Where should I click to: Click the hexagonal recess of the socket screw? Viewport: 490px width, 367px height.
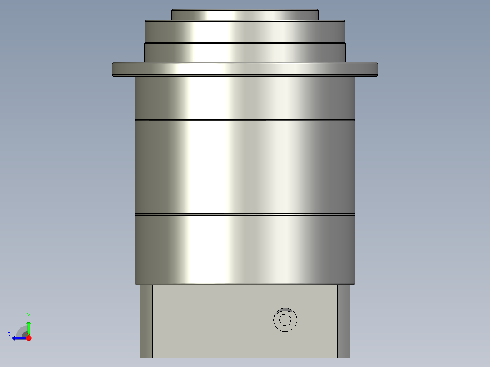point(285,320)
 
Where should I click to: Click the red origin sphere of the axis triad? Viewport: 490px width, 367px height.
point(29,338)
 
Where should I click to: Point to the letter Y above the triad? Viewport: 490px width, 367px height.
point(28,315)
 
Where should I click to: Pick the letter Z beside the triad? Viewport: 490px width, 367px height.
point(9,336)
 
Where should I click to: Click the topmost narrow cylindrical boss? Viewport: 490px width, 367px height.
point(245,15)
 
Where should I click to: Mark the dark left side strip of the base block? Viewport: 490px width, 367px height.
point(146,321)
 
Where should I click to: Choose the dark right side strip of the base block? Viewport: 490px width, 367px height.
point(344,321)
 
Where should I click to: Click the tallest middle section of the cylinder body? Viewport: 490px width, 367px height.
point(245,166)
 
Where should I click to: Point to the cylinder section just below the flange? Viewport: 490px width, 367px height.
point(245,98)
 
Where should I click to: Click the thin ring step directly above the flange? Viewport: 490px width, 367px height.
point(245,52)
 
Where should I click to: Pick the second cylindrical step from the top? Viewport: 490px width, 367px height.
point(245,31)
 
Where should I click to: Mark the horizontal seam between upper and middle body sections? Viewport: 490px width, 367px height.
point(245,120)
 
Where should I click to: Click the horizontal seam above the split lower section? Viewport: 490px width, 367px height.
point(245,213)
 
